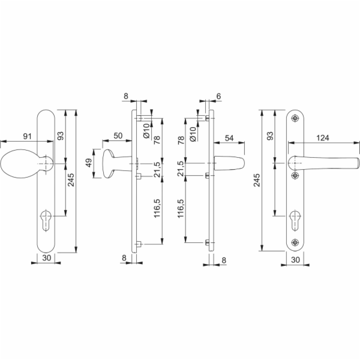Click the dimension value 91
tap(28, 136)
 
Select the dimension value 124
tap(323, 138)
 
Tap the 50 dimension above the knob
tap(118, 136)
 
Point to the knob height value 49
tap(89, 163)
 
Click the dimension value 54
tap(229, 138)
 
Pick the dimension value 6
tap(218, 96)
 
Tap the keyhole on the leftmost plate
tap(46, 220)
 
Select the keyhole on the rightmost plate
tap(295, 220)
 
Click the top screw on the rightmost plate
tap(295, 118)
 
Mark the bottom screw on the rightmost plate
tap(295, 242)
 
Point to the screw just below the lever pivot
tap(295, 176)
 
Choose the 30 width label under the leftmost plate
tap(47, 258)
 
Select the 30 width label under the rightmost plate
tap(295, 260)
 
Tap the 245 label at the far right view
tap(257, 180)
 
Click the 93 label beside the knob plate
tap(60, 136)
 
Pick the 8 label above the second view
tap(126, 96)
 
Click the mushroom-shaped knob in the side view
tap(117, 163)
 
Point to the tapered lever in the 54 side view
tap(229, 163)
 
